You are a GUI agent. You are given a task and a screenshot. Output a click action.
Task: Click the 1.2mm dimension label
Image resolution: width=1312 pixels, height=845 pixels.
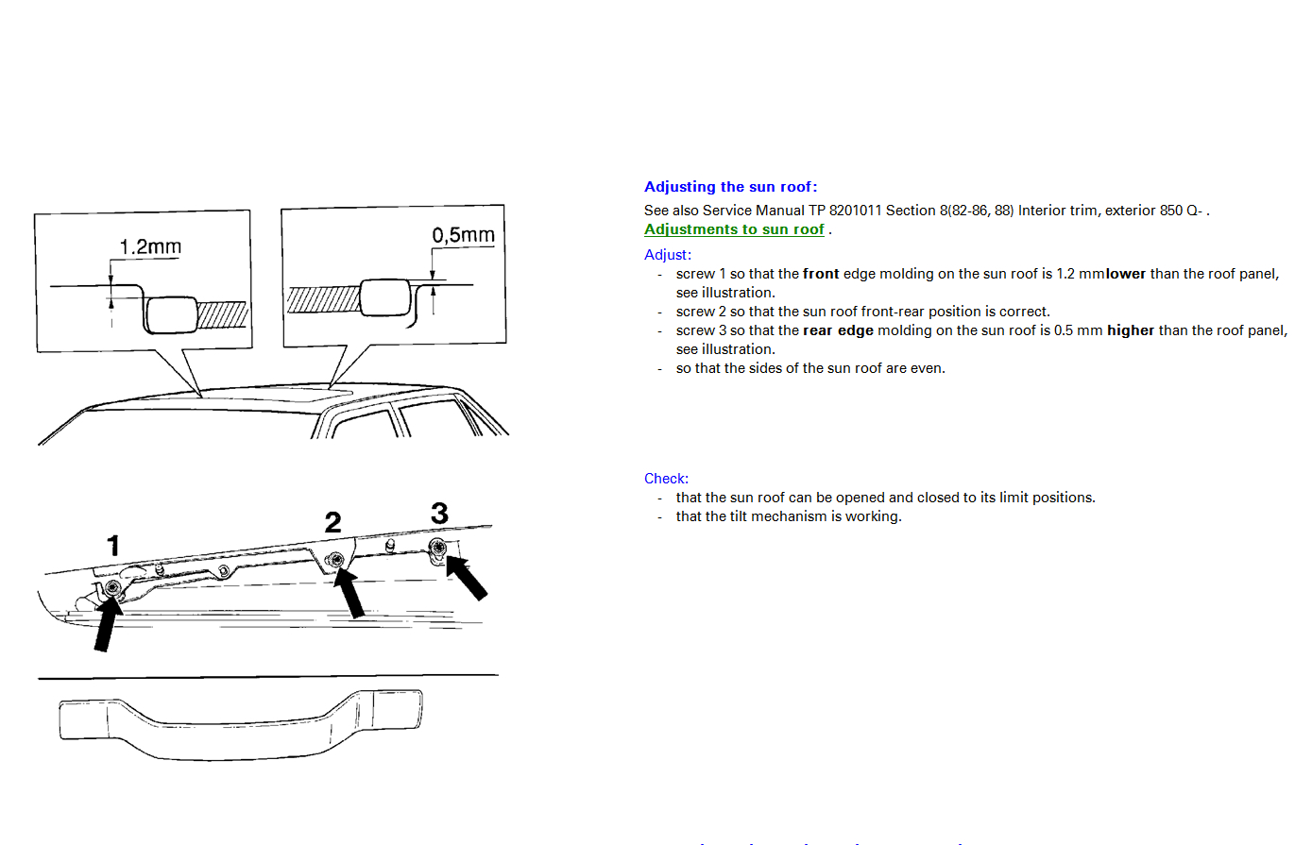tap(150, 246)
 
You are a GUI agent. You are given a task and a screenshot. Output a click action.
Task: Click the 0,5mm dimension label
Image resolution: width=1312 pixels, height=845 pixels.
tap(463, 235)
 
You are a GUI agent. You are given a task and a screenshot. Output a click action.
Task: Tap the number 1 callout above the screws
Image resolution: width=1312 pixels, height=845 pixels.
tap(113, 545)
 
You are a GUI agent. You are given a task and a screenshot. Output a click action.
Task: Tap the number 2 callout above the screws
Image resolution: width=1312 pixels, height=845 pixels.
tap(333, 522)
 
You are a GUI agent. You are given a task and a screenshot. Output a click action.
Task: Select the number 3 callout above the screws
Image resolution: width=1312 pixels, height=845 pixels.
tap(439, 513)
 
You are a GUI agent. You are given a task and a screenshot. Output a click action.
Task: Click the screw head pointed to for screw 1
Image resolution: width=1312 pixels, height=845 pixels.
tap(113, 587)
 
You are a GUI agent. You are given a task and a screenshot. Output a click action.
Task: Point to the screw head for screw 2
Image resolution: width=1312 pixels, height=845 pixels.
tap(335, 561)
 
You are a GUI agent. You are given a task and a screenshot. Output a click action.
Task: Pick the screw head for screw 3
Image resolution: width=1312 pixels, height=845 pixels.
tap(437, 548)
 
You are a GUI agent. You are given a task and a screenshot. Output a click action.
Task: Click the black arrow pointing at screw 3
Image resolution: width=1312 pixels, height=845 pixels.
tap(467, 578)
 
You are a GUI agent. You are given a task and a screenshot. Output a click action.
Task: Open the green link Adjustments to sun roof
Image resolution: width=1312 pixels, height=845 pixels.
tap(734, 229)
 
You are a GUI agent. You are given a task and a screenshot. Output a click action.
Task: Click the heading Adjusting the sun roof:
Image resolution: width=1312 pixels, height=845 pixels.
tap(730, 186)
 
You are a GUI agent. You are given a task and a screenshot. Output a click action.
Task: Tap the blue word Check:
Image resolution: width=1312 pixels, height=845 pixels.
tap(666, 479)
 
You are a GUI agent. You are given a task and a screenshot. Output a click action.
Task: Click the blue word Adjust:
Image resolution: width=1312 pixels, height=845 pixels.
tap(668, 255)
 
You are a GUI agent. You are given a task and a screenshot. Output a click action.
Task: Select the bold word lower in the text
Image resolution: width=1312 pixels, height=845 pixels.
tap(1125, 274)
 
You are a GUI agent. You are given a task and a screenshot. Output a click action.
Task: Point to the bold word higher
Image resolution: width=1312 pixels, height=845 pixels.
tap(1131, 330)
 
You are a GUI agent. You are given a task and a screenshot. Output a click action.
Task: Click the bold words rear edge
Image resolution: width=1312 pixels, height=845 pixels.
tap(838, 330)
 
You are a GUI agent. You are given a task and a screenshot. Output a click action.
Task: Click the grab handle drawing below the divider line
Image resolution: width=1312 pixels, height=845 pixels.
tap(240, 726)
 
